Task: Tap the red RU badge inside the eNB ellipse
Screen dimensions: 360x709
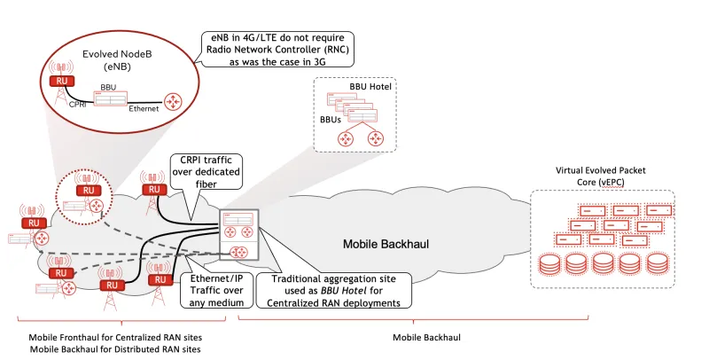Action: pyautogui.click(x=60, y=82)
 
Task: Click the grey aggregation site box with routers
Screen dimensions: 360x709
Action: pyautogui.click(x=238, y=234)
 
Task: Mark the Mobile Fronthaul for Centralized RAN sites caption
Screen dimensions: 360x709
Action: pyautogui.click(x=111, y=338)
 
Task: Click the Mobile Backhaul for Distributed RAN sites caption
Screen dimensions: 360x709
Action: pyautogui.click(x=111, y=350)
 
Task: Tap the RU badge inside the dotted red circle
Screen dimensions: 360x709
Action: pyautogui.click(x=87, y=191)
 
